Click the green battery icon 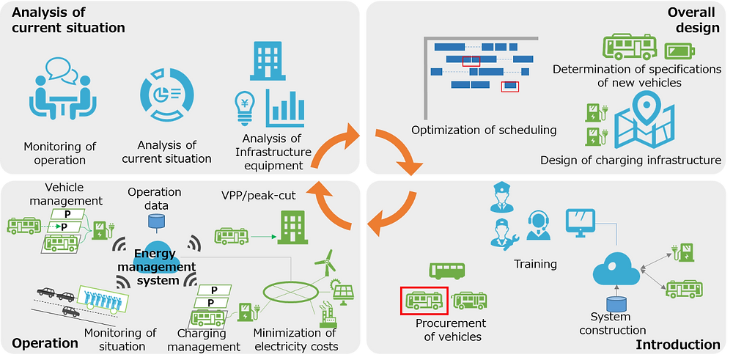click(x=679, y=50)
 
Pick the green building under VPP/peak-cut click(x=290, y=227)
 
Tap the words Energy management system click(x=164, y=267)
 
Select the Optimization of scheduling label click(x=484, y=130)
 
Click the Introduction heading click(x=678, y=345)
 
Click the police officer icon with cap click(x=498, y=196)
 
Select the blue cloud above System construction click(x=616, y=270)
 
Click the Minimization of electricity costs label click(x=295, y=340)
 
